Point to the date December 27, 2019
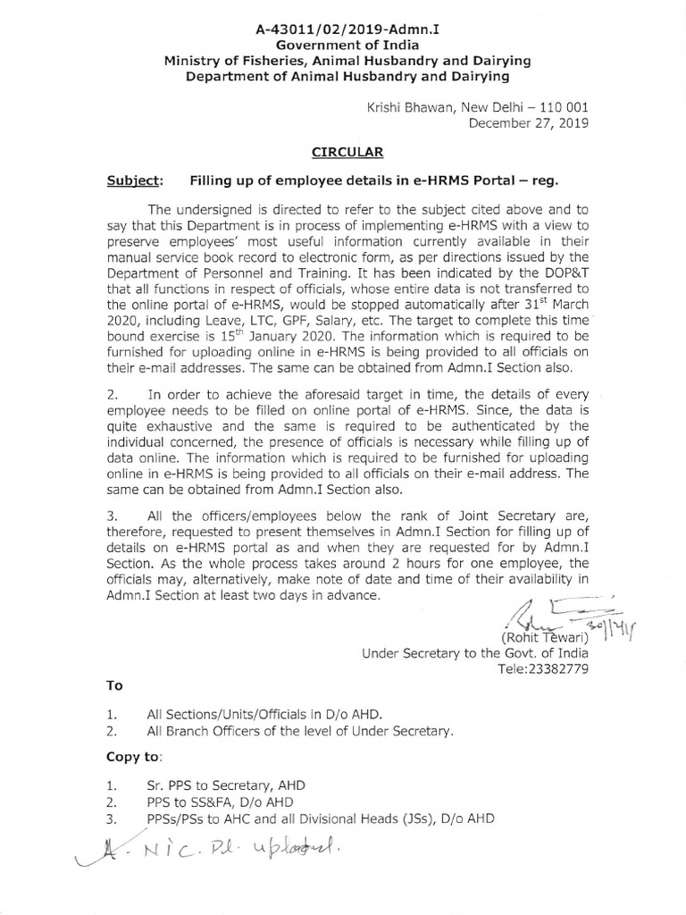(x=529, y=123)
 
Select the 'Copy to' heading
(x=134, y=757)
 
